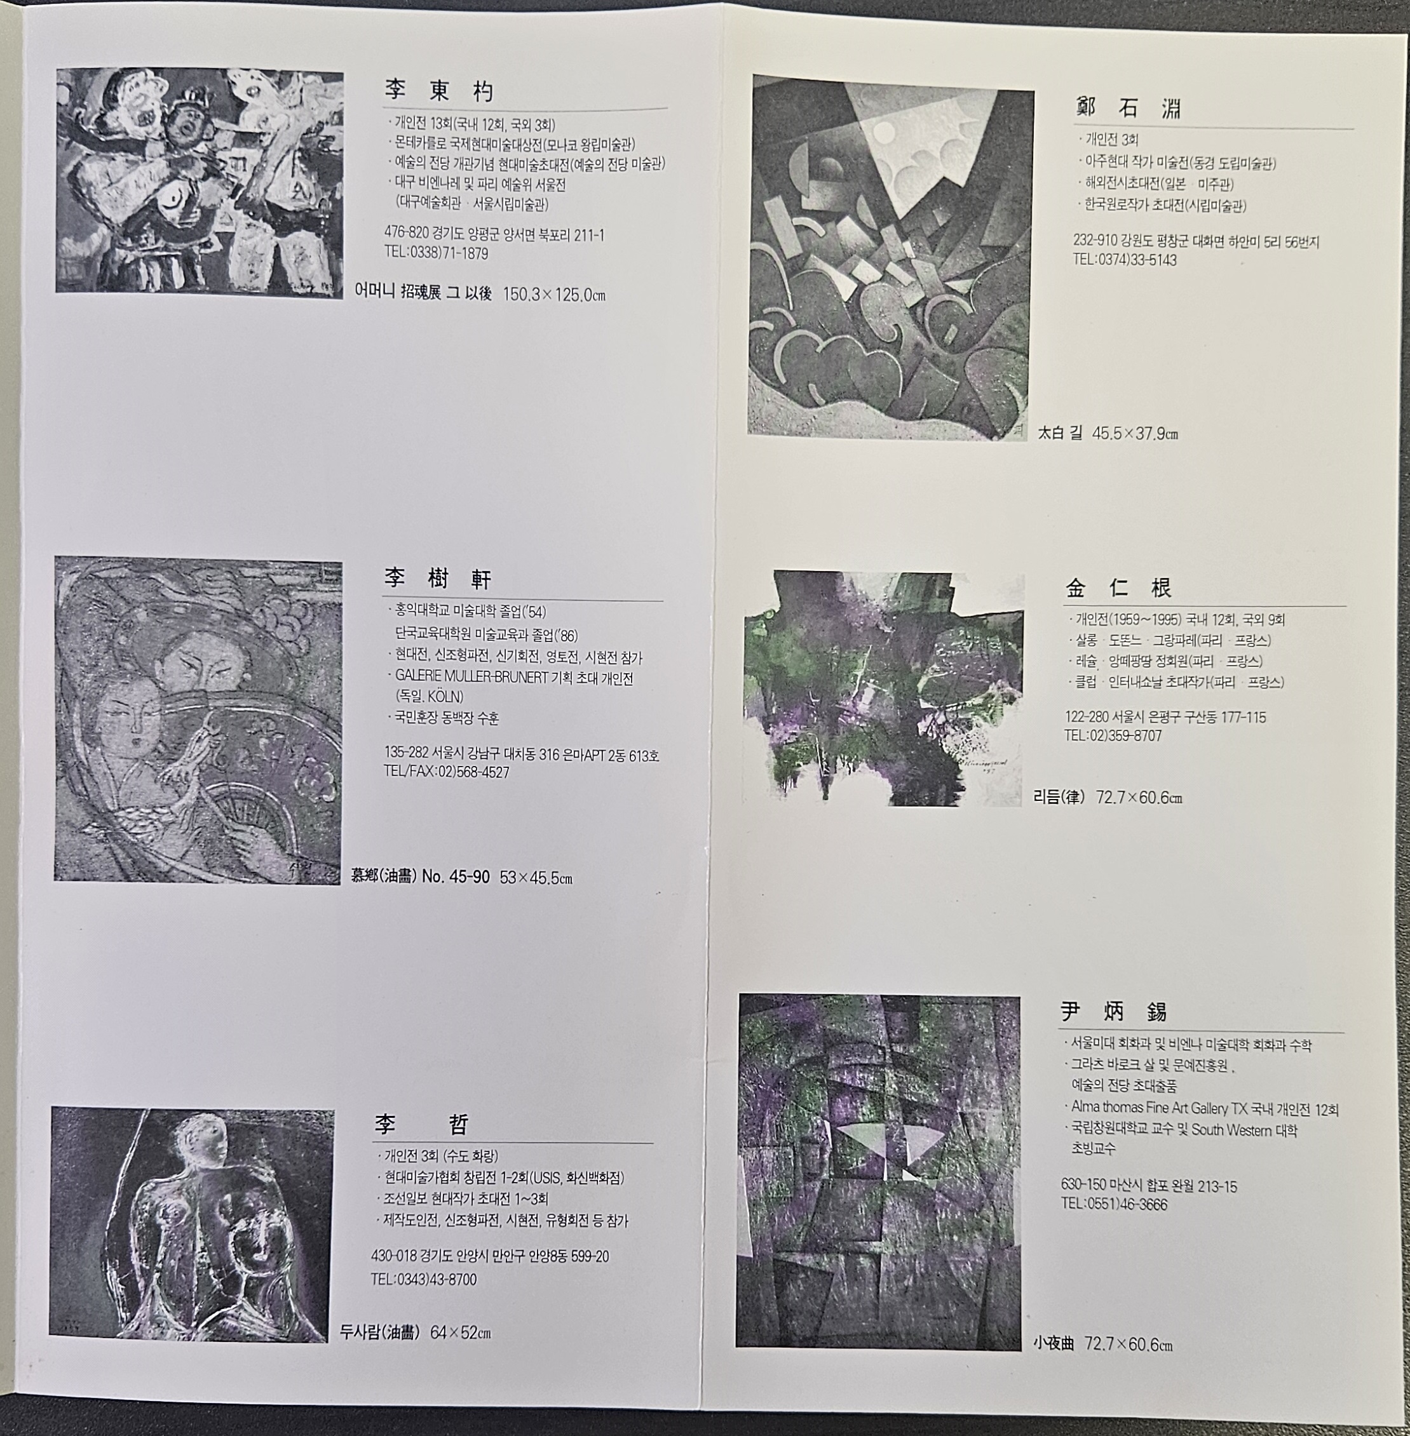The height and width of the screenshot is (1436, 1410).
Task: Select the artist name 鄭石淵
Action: [x=1128, y=109]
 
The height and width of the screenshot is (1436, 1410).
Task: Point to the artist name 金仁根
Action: [x=1119, y=589]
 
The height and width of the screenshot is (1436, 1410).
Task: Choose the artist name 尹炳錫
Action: [x=1115, y=1011]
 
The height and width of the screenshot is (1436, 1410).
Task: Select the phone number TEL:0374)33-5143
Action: [x=1125, y=260]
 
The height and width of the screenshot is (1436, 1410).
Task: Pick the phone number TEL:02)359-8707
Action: [x=1113, y=735]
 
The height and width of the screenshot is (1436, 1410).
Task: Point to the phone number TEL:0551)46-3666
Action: [x=1114, y=1204]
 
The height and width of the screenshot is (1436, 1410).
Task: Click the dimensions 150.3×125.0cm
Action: [x=554, y=295]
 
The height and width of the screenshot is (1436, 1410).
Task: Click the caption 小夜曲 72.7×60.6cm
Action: [x=1102, y=1343]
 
